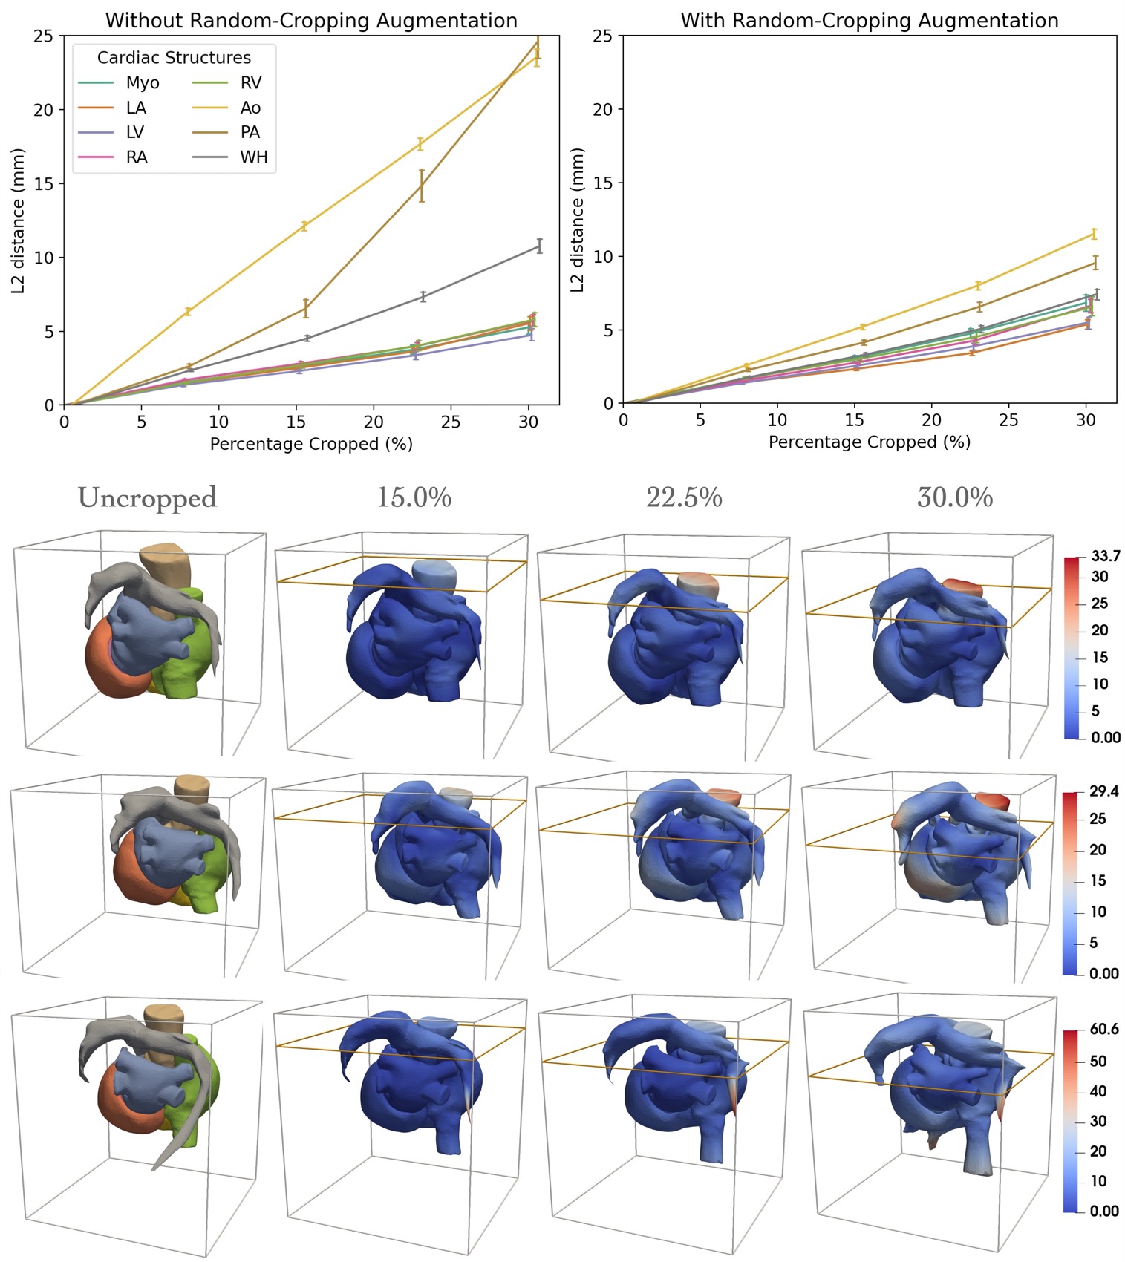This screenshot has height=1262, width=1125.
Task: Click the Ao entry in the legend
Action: click(x=250, y=108)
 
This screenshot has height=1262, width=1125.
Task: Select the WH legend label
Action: click(x=253, y=157)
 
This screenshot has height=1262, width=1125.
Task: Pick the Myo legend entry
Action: click(x=142, y=82)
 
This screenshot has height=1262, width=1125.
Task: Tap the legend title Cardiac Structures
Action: click(x=174, y=58)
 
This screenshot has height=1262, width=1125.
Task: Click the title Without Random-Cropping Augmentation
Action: click(x=311, y=21)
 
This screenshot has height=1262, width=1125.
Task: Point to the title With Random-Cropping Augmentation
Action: click(x=870, y=21)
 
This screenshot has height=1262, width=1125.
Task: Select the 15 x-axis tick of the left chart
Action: click(x=296, y=422)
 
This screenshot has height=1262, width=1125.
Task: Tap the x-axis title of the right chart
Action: click(x=870, y=442)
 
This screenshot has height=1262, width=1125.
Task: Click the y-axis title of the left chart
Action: click(x=18, y=220)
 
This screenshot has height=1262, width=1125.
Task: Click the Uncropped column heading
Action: click(x=147, y=497)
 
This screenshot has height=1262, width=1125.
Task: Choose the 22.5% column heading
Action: click(x=684, y=497)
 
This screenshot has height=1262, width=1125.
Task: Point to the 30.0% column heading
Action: click(x=955, y=497)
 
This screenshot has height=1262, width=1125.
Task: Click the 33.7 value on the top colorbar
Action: click(x=1106, y=557)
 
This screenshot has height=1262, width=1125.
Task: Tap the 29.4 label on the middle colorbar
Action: click(x=1103, y=791)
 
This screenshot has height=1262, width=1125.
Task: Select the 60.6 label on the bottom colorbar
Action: click(x=1103, y=1030)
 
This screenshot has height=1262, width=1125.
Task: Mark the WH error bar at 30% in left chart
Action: click(x=539, y=246)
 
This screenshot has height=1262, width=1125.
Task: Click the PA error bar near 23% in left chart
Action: click(x=422, y=186)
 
